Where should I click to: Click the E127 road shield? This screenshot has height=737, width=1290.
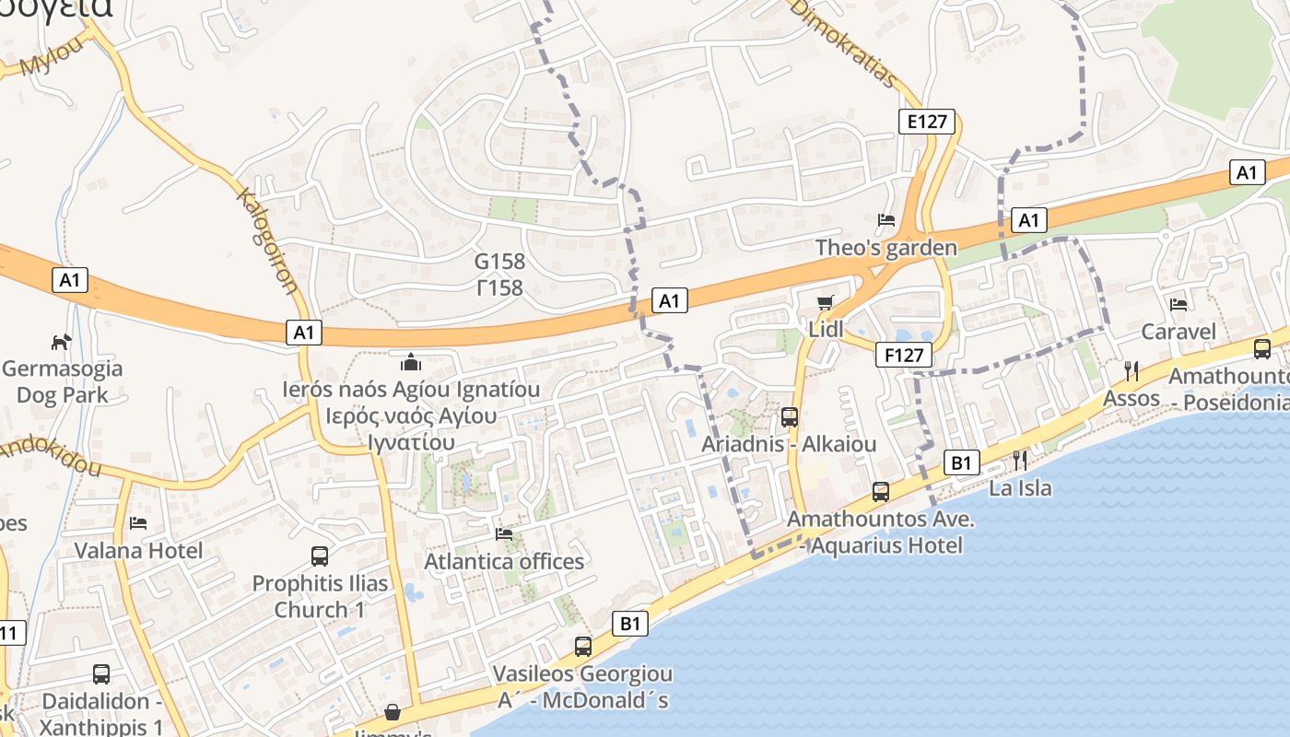927,122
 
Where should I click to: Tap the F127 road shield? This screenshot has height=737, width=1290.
904,355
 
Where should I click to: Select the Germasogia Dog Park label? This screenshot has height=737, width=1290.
62,381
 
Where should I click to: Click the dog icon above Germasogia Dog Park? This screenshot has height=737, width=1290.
61,342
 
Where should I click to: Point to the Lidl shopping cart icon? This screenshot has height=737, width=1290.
826,303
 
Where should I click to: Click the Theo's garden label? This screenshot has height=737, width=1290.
886,248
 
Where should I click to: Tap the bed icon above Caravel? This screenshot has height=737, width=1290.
1178,305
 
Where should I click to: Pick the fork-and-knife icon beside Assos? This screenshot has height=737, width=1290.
1132,370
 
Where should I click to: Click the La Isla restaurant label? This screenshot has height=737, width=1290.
1020,487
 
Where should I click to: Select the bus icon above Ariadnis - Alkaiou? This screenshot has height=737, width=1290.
790,417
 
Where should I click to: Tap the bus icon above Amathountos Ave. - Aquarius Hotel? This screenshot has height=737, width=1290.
881,492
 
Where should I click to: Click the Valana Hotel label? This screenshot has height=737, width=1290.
138,550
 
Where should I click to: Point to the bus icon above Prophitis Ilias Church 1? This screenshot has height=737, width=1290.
320,556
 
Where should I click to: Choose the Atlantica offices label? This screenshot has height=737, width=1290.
504,561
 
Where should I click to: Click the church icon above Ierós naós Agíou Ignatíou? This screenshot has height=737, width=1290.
411,362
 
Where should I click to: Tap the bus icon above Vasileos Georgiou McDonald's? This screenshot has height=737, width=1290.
583,647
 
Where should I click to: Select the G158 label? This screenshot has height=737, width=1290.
500,262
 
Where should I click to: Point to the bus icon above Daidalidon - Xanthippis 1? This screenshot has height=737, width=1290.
101,674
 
